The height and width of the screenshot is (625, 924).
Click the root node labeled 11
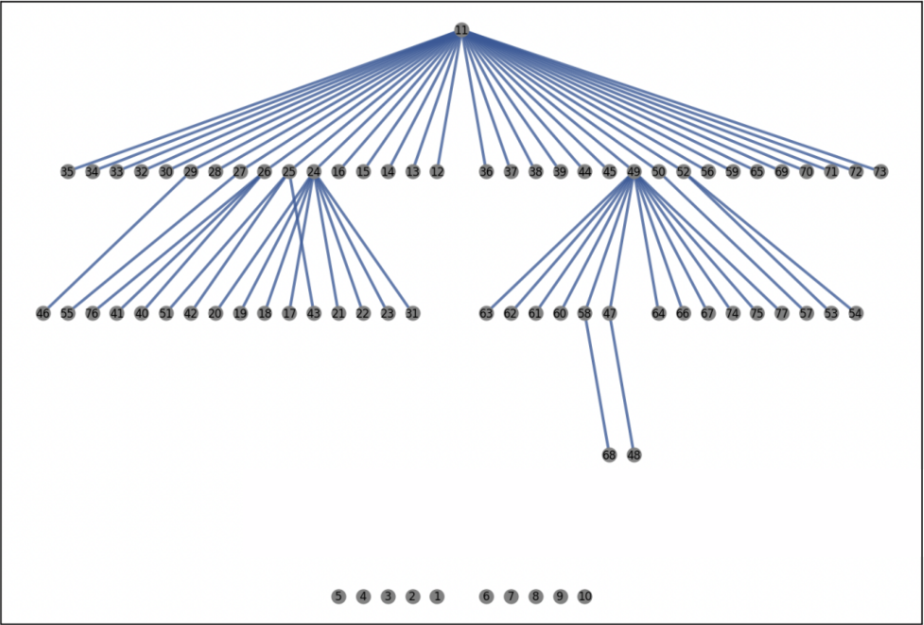pyautogui.click(x=462, y=30)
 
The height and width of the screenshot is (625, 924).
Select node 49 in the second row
pyautogui.click(x=634, y=172)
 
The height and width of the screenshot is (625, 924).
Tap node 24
pyautogui.click(x=314, y=172)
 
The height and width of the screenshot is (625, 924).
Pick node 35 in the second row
pyautogui.click(x=67, y=172)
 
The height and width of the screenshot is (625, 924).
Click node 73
pyautogui.click(x=880, y=172)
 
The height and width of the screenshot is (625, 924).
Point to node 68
pyautogui.click(x=609, y=455)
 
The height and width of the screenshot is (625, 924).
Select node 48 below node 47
pyautogui.click(x=634, y=455)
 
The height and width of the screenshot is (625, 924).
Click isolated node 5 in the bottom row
pyautogui.click(x=339, y=597)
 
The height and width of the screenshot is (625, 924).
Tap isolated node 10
pyautogui.click(x=584, y=597)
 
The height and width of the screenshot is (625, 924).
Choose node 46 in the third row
pyautogui.click(x=44, y=313)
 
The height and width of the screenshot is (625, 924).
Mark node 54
pyautogui.click(x=855, y=313)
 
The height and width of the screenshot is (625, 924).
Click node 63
pyautogui.click(x=486, y=313)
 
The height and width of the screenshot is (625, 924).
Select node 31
pyautogui.click(x=412, y=313)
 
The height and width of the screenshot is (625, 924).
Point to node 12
pyautogui.click(x=437, y=172)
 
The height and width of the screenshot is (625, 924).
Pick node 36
pyautogui.click(x=486, y=172)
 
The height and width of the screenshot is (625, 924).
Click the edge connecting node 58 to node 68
pyautogui.click(x=597, y=384)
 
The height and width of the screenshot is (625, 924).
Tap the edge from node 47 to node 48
pyautogui.click(x=621, y=384)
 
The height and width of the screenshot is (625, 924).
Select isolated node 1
pyautogui.click(x=437, y=597)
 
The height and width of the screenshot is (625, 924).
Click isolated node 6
pyautogui.click(x=486, y=597)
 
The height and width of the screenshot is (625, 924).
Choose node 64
pyautogui.click(x=658, y=313)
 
